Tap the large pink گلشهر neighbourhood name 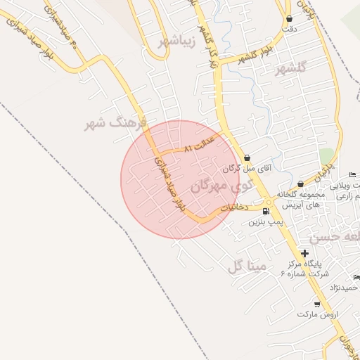(292, 68)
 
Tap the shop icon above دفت (289, 18)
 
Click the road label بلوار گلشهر (244, 58)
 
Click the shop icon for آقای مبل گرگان (247, 157)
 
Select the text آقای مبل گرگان (245, 169)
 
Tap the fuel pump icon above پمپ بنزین (265, 210)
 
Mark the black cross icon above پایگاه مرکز (304, 253)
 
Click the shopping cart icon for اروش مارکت (317, 304)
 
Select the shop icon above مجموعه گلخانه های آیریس (300, 184)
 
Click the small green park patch (326, 156)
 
